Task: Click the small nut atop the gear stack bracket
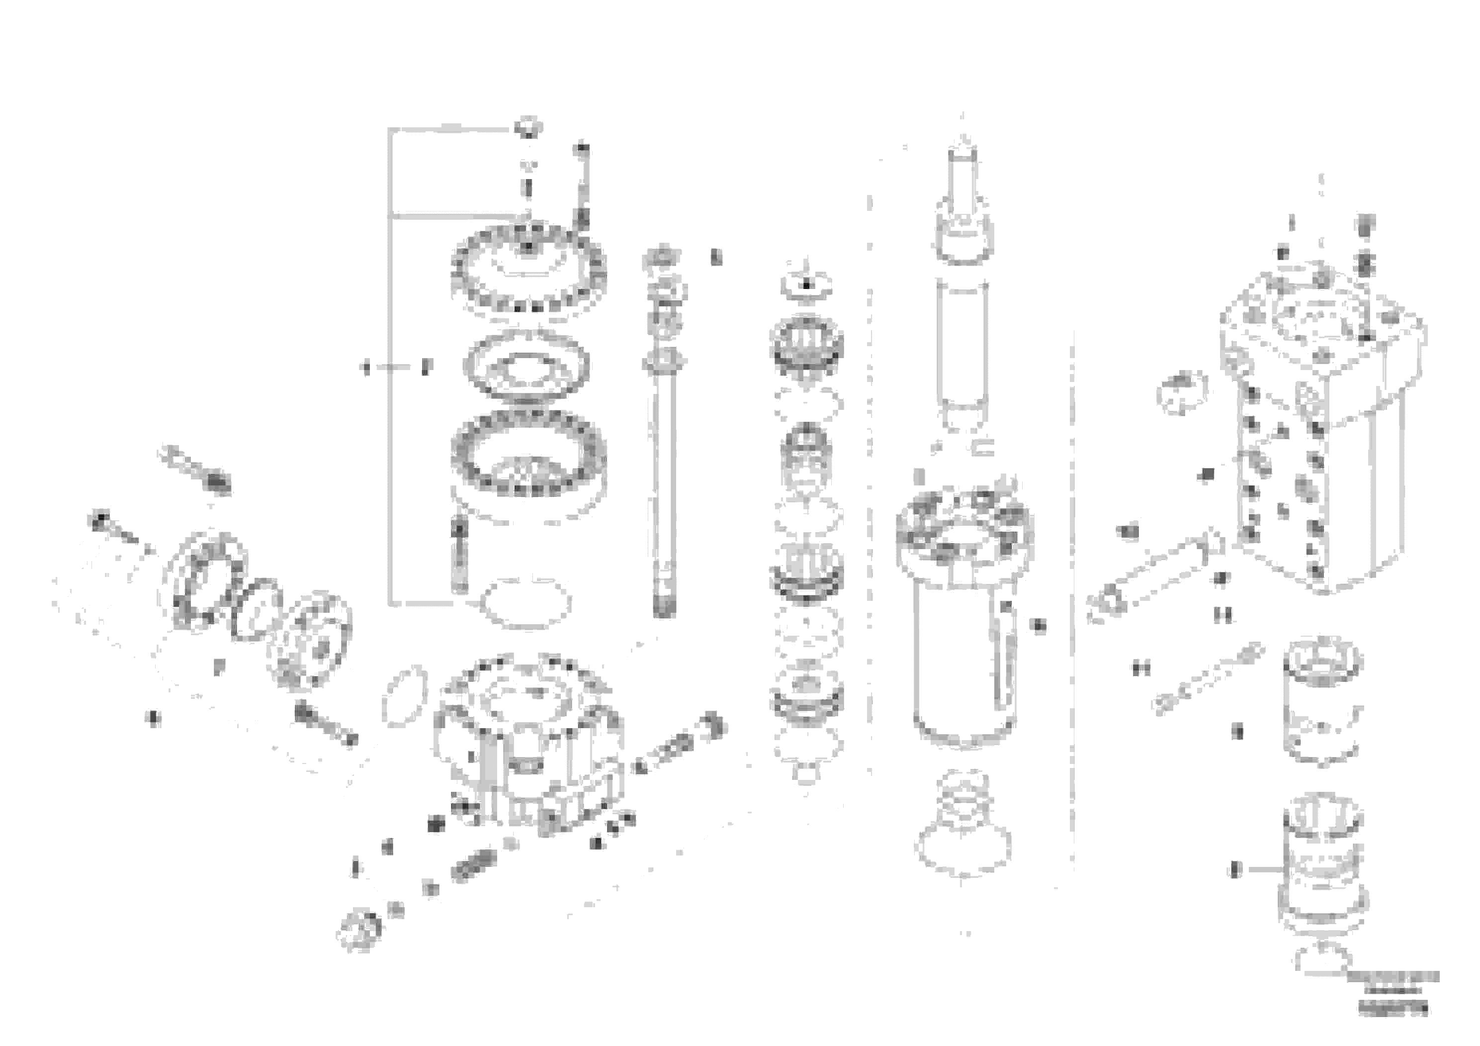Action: [528, 127]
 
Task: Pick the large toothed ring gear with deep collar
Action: [528, 461]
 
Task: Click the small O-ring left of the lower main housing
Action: [405, 703]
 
